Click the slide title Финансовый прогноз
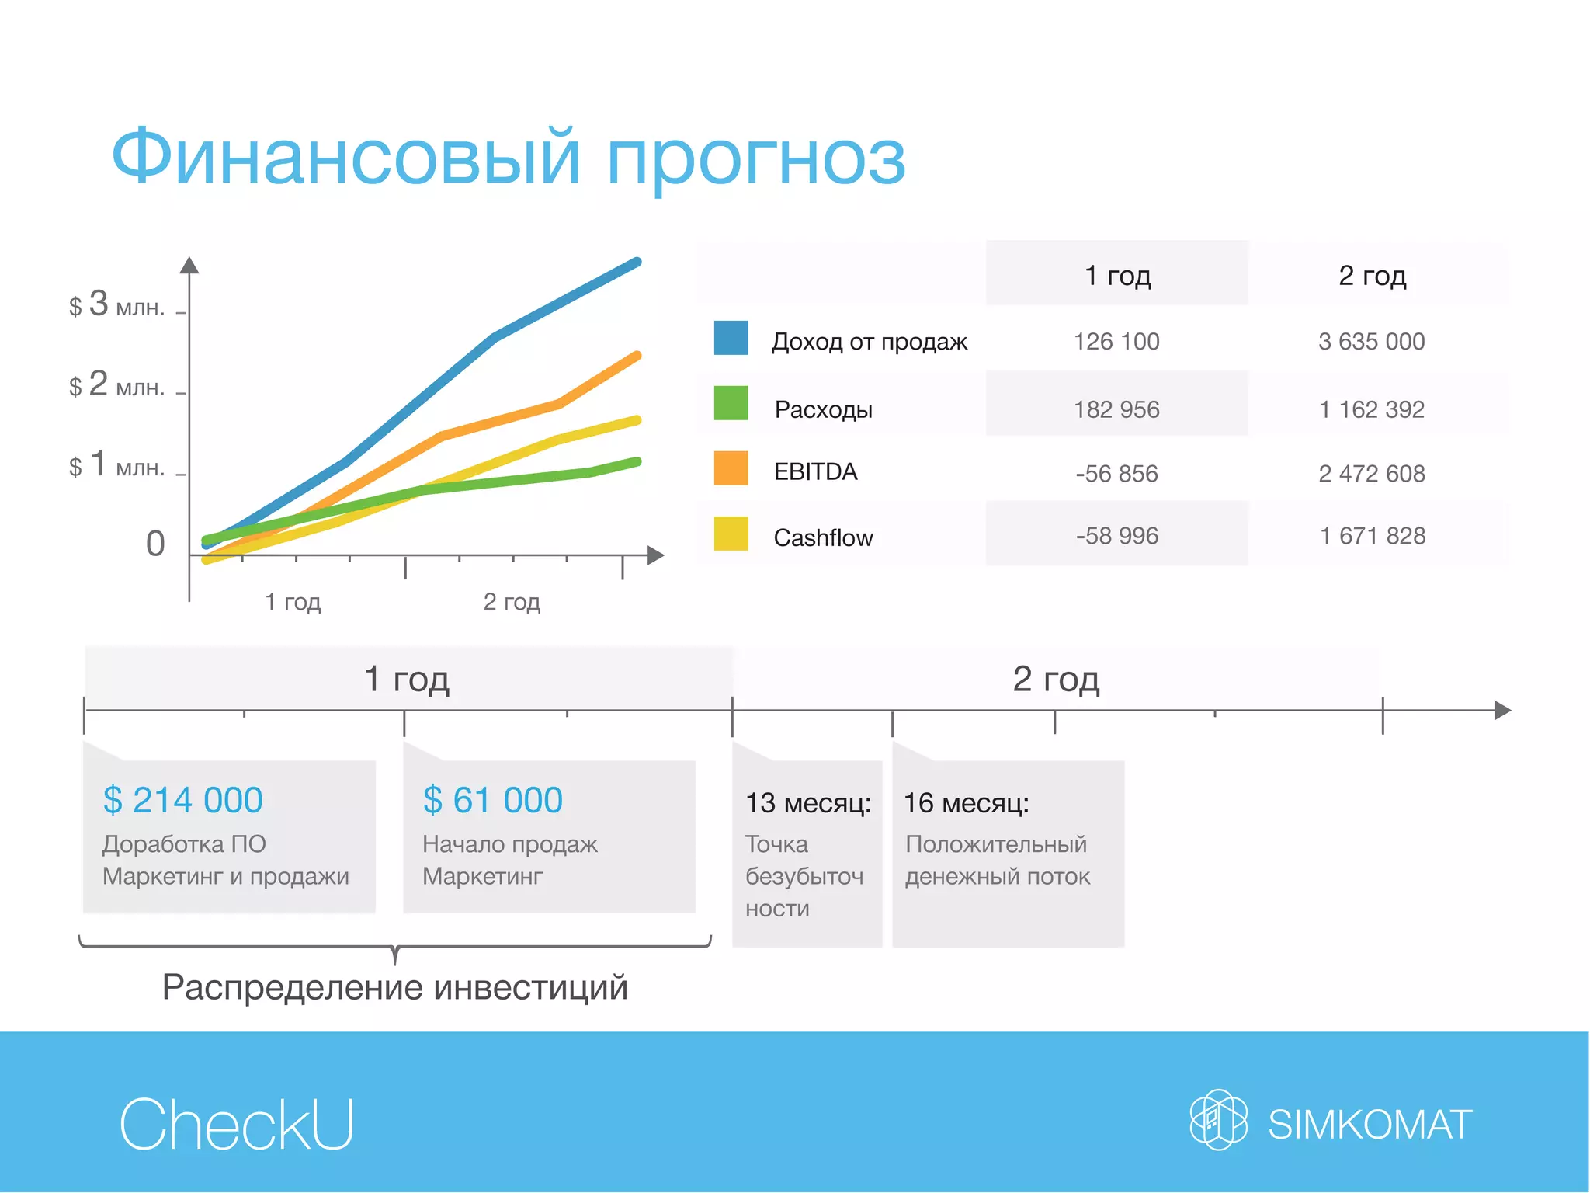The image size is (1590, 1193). click(x=509, y=158)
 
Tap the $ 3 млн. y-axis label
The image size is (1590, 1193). click(x=116, y=304)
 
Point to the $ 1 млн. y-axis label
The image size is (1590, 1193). click(x=116, y=464)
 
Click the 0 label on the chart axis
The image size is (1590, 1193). click(x=155, y=544)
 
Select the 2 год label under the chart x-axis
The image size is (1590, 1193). click(x=512, y=602)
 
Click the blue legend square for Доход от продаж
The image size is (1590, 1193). click(x=731, y=338)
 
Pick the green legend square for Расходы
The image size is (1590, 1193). click(x=731, y=403)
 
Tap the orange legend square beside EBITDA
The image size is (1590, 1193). click(x=731, y=468)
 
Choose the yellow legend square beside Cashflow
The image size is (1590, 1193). click(x=731, y=534)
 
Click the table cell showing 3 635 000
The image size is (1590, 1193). click(x=1371, y=342)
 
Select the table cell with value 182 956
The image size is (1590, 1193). click(x=1116, y=409)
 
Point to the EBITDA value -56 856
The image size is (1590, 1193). click(x=1116, y=474)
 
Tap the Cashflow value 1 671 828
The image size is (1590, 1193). click(x=1373, y=536)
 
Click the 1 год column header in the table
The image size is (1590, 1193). click(x=1117, y=276)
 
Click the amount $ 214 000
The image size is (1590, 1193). click(x=183, y=800)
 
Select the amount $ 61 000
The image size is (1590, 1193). click(x=493, y=800)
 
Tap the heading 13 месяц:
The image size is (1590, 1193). click(x=807, y=803)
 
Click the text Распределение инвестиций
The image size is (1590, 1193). click(x=394, y=988)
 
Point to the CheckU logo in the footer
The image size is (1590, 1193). click(x=237, y=1124)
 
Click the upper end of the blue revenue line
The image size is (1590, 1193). click(x=637, y=263)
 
